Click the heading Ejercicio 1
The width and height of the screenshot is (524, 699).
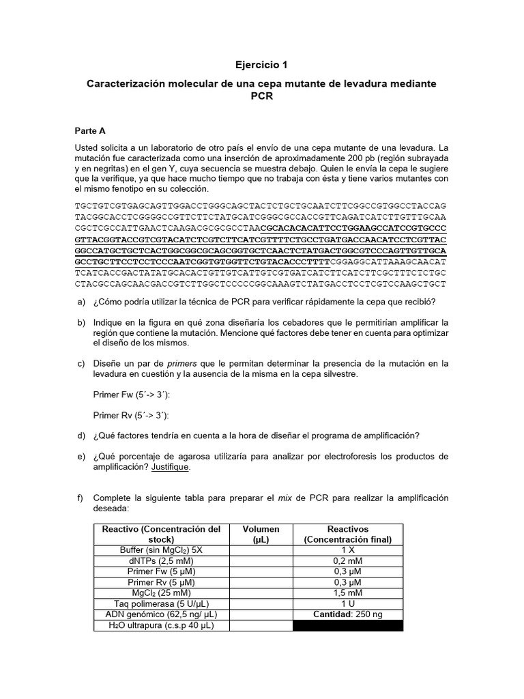[x=261, y=66]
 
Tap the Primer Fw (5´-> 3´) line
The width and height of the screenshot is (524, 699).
[x=130, y=395]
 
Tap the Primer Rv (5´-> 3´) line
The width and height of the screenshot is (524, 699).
[x=130, y=415]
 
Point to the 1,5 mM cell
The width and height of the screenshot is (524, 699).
[x=348, y=593]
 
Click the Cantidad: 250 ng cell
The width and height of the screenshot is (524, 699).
[x=348, y=614]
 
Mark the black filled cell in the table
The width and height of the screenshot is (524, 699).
[x=348, y=625]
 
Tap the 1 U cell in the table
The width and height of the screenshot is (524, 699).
[x=348, y=604]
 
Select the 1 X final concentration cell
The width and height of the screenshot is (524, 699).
[x=348, y=550]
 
